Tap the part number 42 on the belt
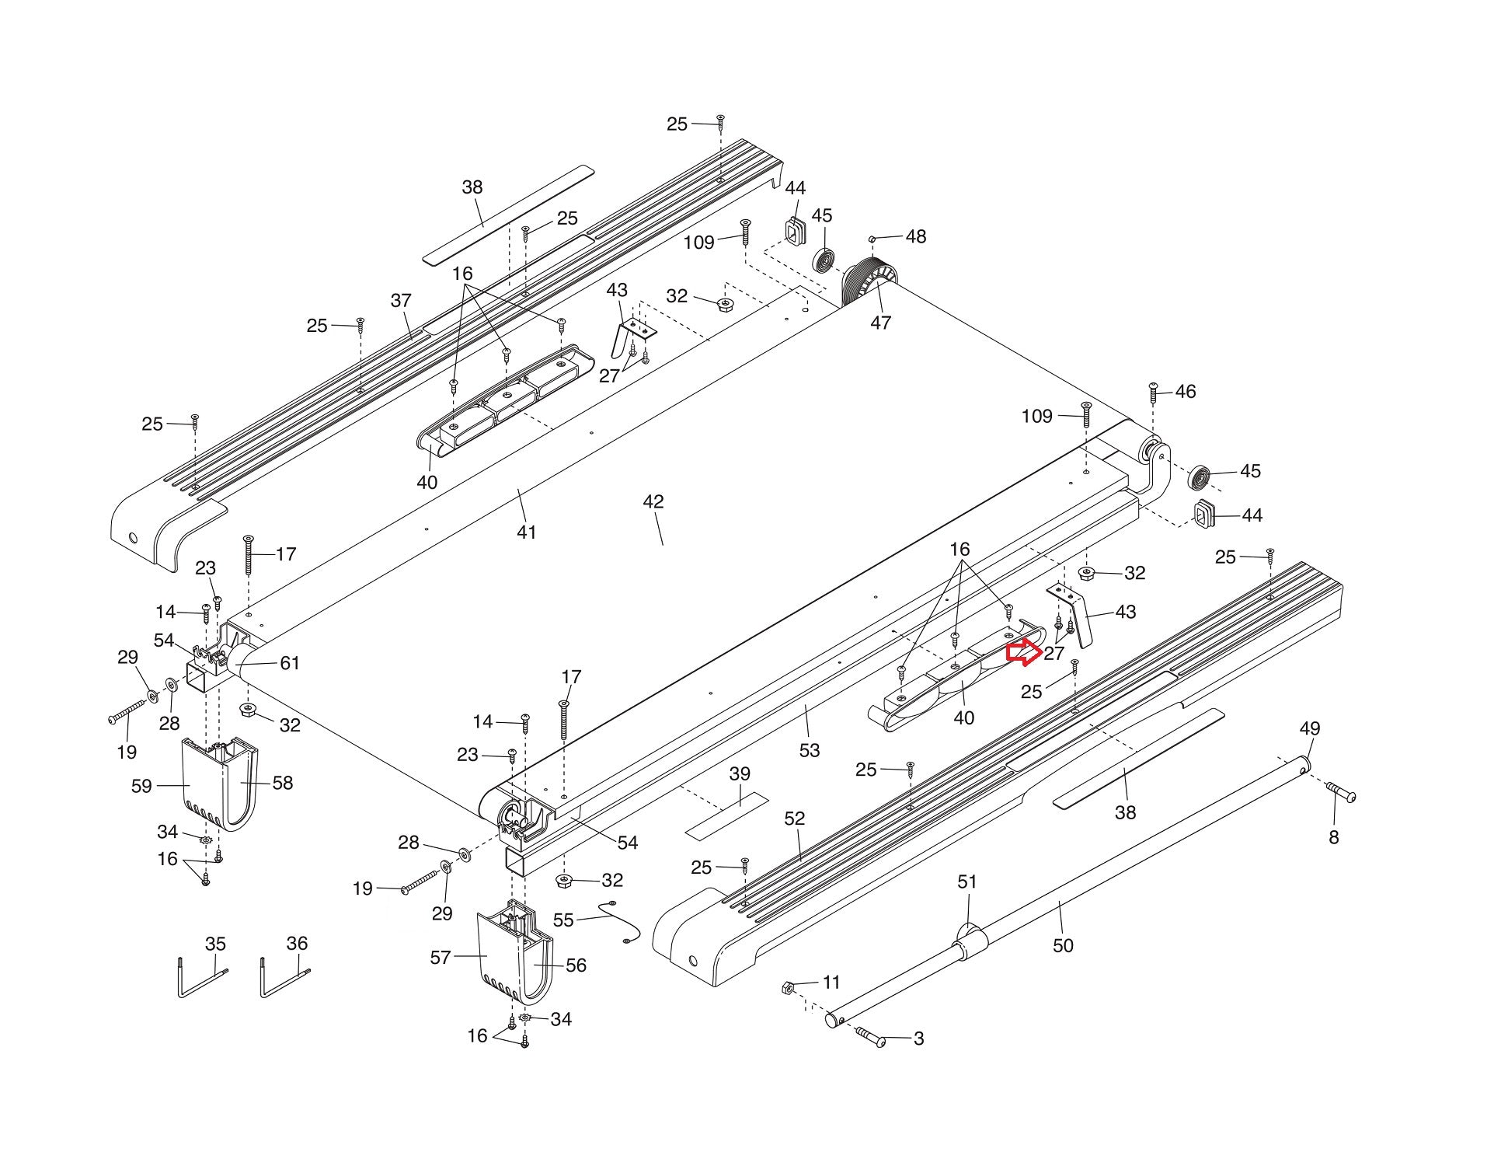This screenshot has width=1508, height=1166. point(653,502)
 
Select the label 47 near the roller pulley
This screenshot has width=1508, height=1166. point(880,323)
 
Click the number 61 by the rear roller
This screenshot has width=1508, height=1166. point(290,663)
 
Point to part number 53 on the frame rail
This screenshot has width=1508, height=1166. point(810,750)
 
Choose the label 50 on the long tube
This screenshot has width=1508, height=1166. point(1063,945)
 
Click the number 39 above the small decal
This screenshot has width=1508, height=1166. point(740,773)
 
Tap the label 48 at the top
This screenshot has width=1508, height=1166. point(916,236)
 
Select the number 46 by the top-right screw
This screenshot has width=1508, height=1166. point(1185,392)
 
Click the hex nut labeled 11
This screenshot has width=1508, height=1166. point(785,988)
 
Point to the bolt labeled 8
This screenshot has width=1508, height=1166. point(1340,794)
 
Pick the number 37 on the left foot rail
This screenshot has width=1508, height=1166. point(401,301)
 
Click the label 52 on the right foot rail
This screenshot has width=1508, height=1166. point(795,819)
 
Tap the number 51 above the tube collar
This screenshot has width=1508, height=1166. point(967,882)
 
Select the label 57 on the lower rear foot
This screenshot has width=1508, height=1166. point(441,957)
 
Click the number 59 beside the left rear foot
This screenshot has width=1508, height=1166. point(141,786)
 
